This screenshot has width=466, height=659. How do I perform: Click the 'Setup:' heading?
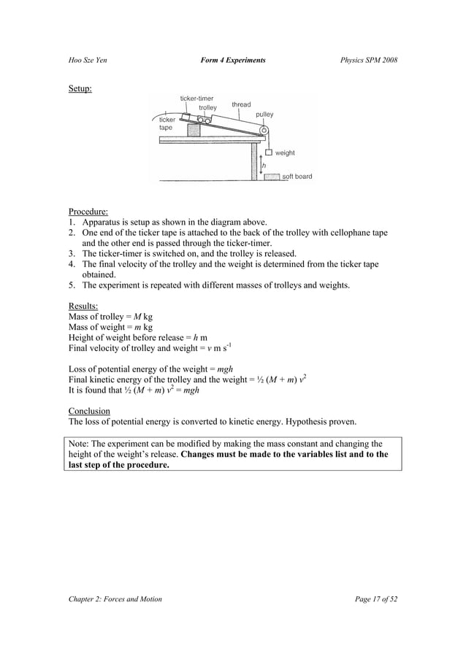pos(80,89)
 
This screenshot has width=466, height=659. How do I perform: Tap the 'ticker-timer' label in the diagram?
pos(196,99)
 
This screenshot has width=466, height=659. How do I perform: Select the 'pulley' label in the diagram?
pos(264,115)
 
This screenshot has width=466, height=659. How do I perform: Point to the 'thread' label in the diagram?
pos(241,105)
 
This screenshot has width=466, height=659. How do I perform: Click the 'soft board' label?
pos(297,177)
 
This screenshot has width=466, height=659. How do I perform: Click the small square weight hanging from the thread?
pos(268,153)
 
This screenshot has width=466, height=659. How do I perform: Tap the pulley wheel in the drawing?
pos(264,131)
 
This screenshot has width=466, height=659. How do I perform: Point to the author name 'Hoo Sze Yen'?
pos(87,59)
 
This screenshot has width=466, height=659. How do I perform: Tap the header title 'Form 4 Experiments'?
pos(232,59)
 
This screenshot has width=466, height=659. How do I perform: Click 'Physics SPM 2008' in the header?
pos(369,59)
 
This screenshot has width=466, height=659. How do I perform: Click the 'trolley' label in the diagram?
pos(207,108)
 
